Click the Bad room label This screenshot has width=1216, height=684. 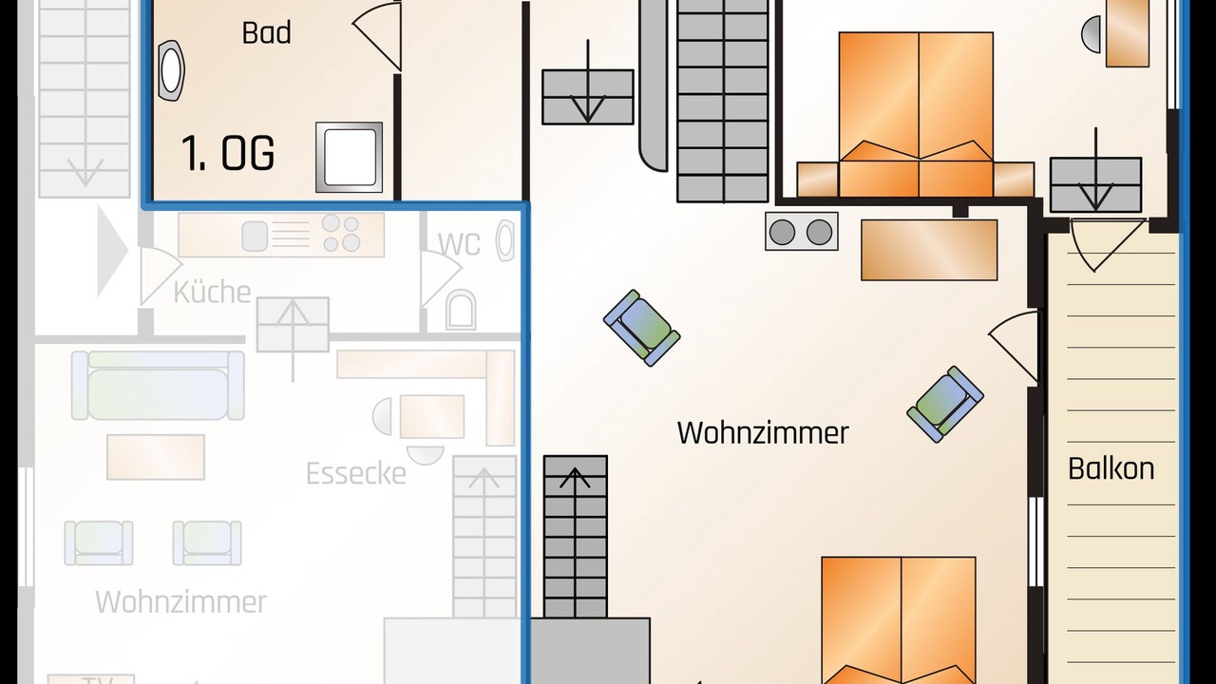(x=266, y=32)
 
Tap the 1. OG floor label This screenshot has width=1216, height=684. (x=228, y=153)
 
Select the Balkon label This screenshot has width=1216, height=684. (x=1111, y=468)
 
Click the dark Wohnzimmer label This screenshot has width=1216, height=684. (x=763, y=433)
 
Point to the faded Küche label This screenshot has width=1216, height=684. (x=212, y=292)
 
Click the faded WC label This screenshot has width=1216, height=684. (x=459, y=243)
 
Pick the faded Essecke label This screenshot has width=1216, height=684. (x=355, y=473)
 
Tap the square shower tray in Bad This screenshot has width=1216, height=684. (x=349, y=157)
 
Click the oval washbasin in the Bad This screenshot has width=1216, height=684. (x=173, y=70)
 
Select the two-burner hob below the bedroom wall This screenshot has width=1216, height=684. (x=801, y=232)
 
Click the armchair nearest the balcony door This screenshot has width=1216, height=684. (x=944, y=404)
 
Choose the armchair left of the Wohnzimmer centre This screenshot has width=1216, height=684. (x=642, y=327)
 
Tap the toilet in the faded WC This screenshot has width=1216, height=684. (x=461, y=311)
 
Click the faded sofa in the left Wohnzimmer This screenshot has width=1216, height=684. (x=157, y=385)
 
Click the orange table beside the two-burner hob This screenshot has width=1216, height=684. (x=928, y=250)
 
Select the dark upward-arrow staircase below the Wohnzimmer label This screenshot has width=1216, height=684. (x=575, y=537)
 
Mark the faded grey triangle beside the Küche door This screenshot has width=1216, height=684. (x=112, y=252)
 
